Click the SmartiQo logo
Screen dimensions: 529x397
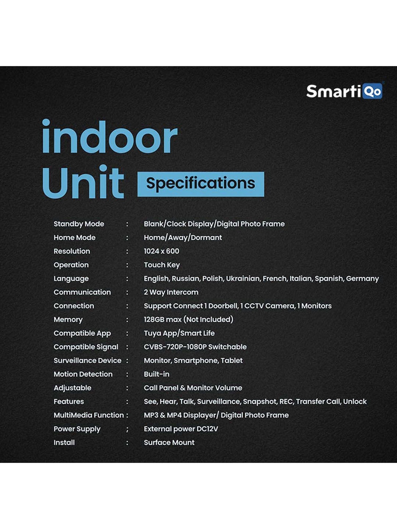344,91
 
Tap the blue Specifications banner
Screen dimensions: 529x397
201,184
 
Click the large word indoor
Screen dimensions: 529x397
109,137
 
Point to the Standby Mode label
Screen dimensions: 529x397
79,224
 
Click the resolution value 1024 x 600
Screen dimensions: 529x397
161,251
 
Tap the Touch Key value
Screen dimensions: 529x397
162,265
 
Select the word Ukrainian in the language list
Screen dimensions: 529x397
243,279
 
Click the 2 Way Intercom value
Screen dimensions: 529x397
171,292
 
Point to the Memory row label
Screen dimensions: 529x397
68,320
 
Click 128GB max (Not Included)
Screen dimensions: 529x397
188,320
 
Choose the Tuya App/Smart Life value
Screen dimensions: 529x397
179,333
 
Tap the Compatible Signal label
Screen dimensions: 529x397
86,347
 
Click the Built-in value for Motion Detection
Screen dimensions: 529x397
156,374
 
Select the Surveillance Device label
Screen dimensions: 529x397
87,361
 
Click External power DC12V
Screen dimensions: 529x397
181,429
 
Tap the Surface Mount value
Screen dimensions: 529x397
169,443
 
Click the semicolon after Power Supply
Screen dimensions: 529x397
127,429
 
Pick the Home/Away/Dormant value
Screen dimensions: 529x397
183,238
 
